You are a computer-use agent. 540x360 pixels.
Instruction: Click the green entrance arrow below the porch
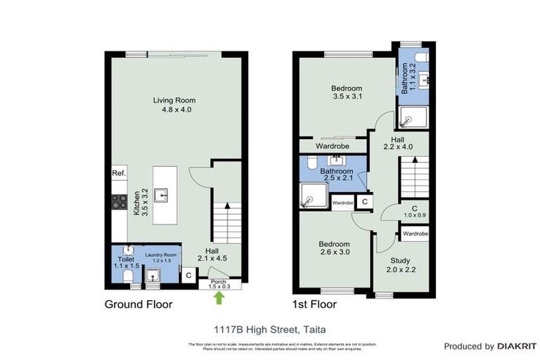point(219,297)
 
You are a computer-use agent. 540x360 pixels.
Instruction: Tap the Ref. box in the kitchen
point(118,173)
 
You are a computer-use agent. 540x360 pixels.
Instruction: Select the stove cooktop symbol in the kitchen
point(117,202)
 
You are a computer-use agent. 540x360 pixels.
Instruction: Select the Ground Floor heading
point(139,304)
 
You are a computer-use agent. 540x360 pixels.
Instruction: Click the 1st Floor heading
point(314,304)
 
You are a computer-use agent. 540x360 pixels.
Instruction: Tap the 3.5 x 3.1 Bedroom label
point(346,92)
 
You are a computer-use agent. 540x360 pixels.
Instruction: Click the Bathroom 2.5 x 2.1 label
point(335,174)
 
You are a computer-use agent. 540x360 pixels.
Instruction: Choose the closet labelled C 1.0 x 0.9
point(415,212)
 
